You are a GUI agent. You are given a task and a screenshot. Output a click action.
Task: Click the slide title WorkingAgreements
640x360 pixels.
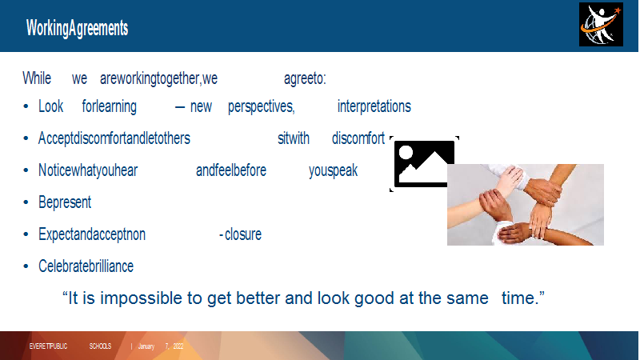tap(77, 29)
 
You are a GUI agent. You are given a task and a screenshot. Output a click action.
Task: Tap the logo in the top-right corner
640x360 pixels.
tap(601, 25)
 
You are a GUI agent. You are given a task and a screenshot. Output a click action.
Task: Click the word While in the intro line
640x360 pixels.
tap(37, 78)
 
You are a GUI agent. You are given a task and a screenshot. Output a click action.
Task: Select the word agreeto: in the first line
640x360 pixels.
tap(305, 78)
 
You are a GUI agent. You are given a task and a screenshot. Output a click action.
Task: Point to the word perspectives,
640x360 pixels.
tap(262, 107)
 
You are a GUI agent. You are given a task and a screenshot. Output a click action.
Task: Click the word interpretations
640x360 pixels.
tap(374, 106)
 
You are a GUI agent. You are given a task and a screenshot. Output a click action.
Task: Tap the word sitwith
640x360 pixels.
tap(294, 138)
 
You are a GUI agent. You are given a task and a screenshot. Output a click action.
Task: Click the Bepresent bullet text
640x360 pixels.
tap(65, 202)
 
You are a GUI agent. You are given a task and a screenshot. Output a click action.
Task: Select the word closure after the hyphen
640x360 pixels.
tap(243, 234)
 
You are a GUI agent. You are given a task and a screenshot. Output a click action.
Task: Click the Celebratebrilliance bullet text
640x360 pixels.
tap(86, 266)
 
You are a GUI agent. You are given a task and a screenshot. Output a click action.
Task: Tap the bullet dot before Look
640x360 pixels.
tap(26, 106)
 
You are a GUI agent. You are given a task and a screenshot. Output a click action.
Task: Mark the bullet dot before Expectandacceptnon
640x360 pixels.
tap(26, 234)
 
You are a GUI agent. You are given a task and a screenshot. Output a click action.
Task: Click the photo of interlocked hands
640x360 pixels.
tap(526, 205)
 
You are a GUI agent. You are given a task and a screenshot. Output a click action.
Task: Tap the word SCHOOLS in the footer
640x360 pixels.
tap(100, 346)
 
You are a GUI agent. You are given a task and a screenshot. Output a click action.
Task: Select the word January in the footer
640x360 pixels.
tap(146, 346)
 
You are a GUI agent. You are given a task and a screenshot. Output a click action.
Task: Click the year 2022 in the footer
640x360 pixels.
tap(178, 346)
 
